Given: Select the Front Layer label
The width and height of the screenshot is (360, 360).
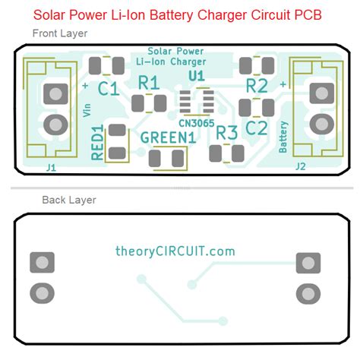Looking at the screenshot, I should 60,33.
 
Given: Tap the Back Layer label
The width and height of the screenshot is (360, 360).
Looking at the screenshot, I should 68,200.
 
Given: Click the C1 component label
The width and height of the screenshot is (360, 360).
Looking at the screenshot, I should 109,90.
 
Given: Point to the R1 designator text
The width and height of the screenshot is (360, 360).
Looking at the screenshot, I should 148,83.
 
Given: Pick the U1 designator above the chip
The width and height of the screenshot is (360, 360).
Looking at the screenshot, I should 197,77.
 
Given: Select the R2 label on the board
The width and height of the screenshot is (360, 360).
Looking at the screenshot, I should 257,84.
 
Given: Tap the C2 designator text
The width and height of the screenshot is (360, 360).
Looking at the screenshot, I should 257,127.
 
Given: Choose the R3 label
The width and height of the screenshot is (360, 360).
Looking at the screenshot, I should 227,133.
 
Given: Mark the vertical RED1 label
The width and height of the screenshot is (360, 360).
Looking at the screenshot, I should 98,144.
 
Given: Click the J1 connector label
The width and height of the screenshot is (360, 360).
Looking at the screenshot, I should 51,165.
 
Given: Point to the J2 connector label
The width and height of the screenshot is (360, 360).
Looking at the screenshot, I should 300,165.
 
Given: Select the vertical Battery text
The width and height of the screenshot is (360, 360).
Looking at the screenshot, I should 283,137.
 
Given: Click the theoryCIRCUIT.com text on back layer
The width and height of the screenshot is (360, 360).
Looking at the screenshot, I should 175,251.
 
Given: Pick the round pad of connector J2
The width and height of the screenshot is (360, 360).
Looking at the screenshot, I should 307,124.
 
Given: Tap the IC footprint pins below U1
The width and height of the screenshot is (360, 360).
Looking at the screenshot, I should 197,101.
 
